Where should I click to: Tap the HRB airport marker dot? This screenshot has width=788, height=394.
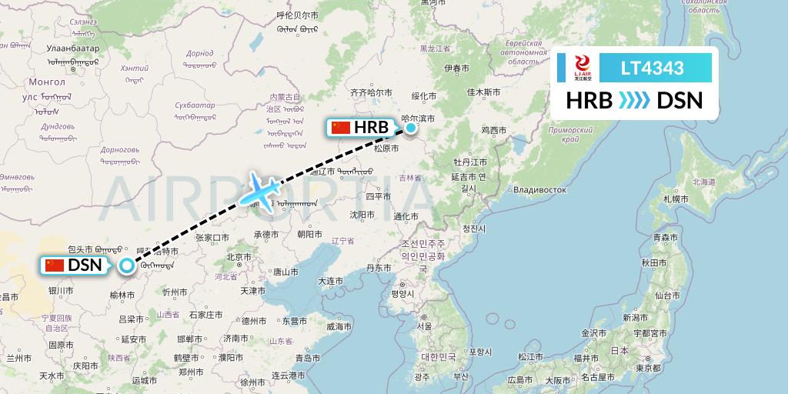pyautogui.click(x=411, y=128)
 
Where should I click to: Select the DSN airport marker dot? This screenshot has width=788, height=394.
pyautogui.click(x=125, y=265)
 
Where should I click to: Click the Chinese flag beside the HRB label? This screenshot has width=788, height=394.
pyautogui.click(x=341, y=128)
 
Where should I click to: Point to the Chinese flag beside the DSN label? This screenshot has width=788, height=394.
pyautogui.click(x=55, y=265)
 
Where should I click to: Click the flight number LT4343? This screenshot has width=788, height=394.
pyautogui.click(x=652, y=68)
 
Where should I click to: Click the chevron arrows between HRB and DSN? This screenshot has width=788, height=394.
pyautogui.click(x=635, y=101)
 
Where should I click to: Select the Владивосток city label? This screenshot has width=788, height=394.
pyautogui.click(x=539, y=189)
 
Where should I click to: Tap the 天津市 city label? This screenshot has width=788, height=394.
pyautogui.click(x=253, y=291)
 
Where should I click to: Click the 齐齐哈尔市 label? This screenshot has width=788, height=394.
pyautogui.click(x=372, y=92)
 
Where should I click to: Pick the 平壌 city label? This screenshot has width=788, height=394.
pyautogui.click(x=402, y=293)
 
